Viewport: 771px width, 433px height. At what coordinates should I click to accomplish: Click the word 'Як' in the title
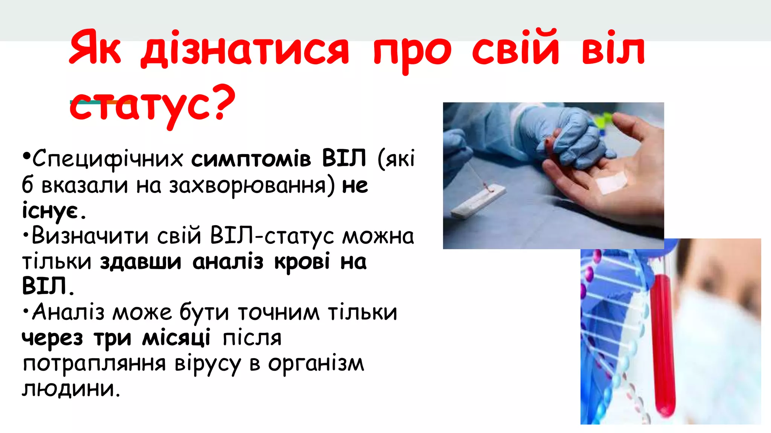click(95, 49)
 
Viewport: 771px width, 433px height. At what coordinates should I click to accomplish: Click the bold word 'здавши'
click(140, 262)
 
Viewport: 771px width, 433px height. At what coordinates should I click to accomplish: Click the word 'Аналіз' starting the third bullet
click(68, 313)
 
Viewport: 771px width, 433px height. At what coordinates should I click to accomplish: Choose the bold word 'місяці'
click(176, 338)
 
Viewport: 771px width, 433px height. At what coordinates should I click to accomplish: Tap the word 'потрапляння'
click(94, 363)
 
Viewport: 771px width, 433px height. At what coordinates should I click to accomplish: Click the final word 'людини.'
click(71, 389)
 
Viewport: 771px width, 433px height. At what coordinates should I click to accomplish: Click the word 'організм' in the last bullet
click(316, 363)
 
